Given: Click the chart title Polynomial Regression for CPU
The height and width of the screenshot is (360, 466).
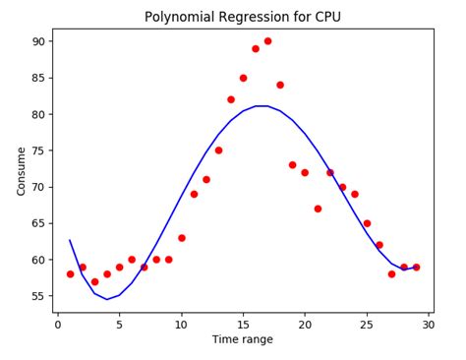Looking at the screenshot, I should (242, 17).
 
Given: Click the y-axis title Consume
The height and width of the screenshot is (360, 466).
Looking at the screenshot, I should (22, 171).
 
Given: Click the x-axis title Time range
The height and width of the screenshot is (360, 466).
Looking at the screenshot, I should (242, 339).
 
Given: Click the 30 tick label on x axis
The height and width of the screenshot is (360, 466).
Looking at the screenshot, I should (428, 323).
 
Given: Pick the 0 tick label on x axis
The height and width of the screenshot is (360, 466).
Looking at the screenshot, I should (58, 323).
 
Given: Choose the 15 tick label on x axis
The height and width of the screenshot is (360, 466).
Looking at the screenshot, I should (243, 323).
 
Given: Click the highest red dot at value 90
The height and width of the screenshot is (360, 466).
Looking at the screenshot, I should (267, 41).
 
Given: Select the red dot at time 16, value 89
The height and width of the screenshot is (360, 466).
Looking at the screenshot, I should (256, 48).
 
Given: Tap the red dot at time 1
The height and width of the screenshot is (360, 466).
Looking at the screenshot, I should (70, 274).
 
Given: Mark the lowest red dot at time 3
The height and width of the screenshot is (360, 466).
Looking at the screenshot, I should (94, 281).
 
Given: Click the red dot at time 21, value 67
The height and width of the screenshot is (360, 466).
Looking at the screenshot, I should (318, 209).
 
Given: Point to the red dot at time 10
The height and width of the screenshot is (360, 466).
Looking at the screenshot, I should (181, 238).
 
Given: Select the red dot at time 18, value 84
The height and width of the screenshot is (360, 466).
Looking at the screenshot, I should (280, 85).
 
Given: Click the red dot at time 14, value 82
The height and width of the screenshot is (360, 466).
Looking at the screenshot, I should (231, 99).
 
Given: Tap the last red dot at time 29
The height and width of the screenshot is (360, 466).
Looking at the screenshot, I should (416, 268).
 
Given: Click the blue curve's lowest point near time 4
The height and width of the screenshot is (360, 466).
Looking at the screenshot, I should (107, 299).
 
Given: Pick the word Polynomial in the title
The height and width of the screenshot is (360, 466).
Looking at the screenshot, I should (180, 17).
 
